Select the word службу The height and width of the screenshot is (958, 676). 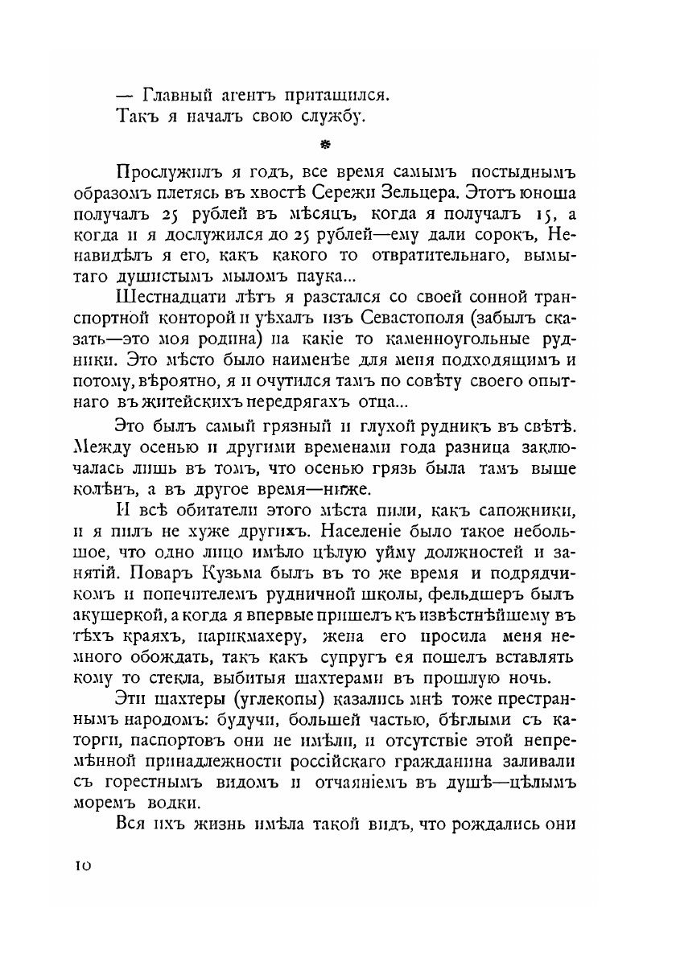click(x=331, y=117)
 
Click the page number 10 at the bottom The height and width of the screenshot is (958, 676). click(x=84, y=865)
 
